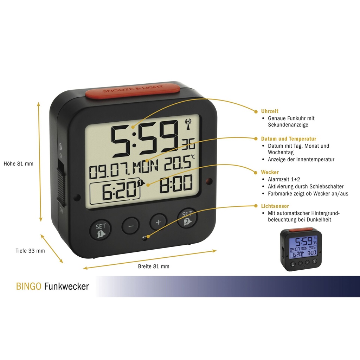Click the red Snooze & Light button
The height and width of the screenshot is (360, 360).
tap(133, 90)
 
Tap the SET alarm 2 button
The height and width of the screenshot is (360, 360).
tap(187, 218)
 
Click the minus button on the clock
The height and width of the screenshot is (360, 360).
tap(131, 226)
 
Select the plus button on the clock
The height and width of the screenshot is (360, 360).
tap(158, 222)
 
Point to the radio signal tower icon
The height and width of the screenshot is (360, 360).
tap(188, 124)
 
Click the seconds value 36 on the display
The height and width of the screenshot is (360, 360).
tap(188, 144)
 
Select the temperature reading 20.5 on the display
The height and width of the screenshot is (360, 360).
tap(178, 163)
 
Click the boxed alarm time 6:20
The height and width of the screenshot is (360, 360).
tap(115, 191)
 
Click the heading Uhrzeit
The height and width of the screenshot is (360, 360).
tap(270, 111)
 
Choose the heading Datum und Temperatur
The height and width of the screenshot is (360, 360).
tap(289, 139)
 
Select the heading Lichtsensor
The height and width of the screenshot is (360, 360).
tap(275, 206)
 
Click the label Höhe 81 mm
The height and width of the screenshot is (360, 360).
tap(18, 164)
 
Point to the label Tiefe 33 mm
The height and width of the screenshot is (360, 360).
tap(30, 251)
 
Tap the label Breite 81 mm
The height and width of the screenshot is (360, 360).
tap(154, 266)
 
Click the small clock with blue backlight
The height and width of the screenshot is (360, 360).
tap(301, 249)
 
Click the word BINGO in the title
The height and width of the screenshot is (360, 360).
tap(29, 286)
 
